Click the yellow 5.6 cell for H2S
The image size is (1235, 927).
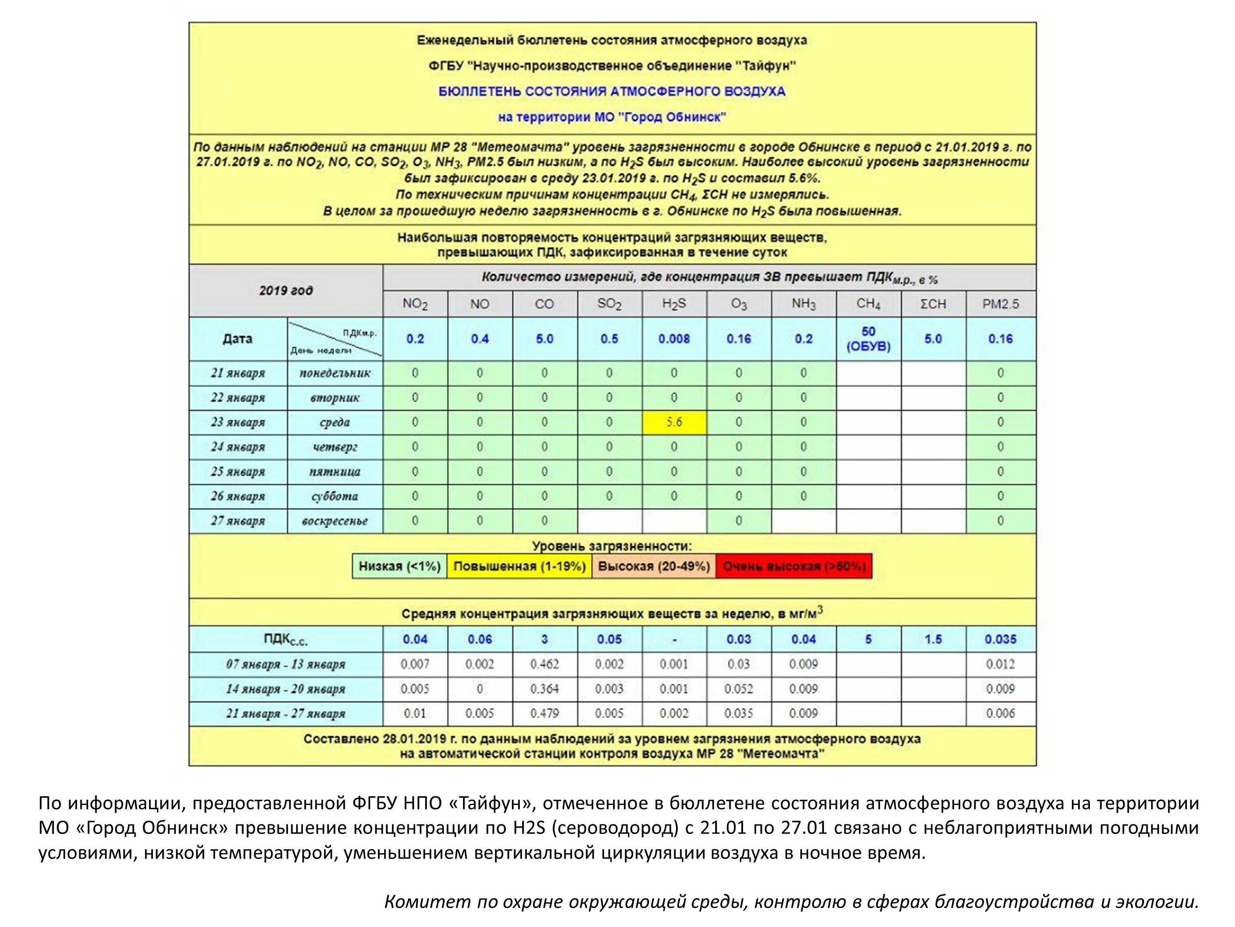(x=674, y=422)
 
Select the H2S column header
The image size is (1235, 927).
(x=674, y=304)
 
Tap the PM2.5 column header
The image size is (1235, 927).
(x=1000, y=304)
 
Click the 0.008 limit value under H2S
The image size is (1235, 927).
(x=674, y=339)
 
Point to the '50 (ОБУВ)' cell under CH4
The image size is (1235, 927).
(x=868, y=339)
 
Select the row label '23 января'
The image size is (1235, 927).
(x=238, y=422)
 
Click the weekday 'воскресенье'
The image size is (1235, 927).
(x=335, y=521)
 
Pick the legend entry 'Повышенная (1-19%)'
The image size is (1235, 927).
(x=519, y=566)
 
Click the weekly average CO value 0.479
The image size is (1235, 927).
(x=544, y=714)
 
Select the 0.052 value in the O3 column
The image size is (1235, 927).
(x=739, y=689)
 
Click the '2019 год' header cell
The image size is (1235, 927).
(x=286, y=291)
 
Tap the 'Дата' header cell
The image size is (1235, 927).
(x=237, y=339)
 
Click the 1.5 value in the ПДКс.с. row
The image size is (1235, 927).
(x=933, y=639)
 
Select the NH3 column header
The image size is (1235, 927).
(x=803, y=304)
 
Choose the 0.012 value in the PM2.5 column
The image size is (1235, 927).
(x=1000, y=664)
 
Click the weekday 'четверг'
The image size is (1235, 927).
(x=335, y=447)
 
